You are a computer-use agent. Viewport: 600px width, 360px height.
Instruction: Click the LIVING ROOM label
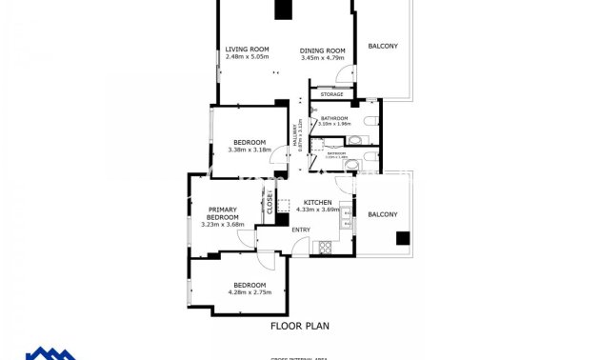[x=247, y=50]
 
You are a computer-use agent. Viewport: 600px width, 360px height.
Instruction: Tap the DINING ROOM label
[x=322, y=50]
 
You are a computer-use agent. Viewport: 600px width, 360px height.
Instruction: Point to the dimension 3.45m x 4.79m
[x=322, y=58]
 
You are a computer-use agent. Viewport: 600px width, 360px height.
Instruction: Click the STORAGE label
[x=331, y=94]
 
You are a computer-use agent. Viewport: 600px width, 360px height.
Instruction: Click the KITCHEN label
[x=317, y=202]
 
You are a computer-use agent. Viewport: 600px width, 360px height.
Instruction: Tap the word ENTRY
[x=301, y=230]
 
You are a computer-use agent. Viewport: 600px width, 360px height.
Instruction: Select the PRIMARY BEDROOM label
[x=222, y=213]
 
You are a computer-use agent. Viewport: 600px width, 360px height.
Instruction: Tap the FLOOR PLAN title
[x=300, y=325]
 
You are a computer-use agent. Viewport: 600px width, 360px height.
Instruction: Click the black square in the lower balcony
[x=404, y=238]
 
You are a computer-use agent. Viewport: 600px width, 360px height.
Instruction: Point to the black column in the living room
[x=282, y=10]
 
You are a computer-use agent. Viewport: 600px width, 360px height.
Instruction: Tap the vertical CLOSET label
[x=270, y=202]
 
